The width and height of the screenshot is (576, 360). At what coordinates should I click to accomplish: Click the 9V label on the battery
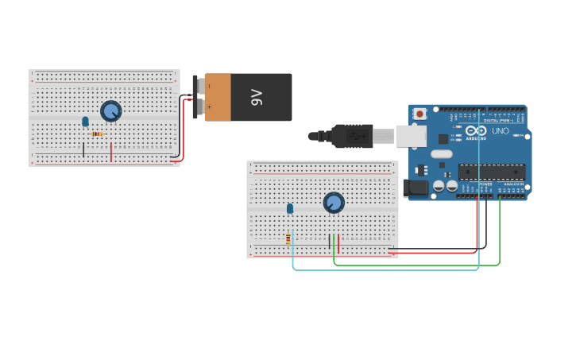pyautogui.click(x=257, y=98)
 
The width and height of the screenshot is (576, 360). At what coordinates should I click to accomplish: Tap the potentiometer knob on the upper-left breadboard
pyautogui.click(x=111, y=111)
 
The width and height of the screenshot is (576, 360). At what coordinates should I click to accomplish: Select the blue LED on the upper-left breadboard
pyautogui.click(x=85, y=122)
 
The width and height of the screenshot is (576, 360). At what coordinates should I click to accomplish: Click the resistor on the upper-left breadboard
pyautogui.click(x=97, y=134)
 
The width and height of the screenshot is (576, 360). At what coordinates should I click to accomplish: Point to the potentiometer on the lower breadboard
pyautogui.click(x=334, y=203)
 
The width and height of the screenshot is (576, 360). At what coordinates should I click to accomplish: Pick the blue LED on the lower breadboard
pyautogui.click(x=290, y=208)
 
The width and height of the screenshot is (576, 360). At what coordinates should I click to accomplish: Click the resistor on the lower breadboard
pyautogui.click(x=288, y=238)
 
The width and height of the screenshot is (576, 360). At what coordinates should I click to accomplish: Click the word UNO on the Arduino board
pyautogui.click(x=501, y=131)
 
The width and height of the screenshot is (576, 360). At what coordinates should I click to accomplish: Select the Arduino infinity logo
pyautogui.click(x=476, y=131)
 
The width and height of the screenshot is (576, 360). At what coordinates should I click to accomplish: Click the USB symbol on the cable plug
pyautogui.click(x=355, y=136)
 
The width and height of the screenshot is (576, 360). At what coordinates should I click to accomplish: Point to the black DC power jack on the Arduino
pyautogui.click(x=415, y=188)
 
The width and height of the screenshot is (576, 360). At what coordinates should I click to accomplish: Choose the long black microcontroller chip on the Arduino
pyautogui.click(x=491, y=171)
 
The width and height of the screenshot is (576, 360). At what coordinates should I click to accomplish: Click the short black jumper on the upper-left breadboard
pyautogui.click(x=83, y=149)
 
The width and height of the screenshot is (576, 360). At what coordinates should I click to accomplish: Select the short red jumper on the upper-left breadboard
pyautogui.click(x=111, y=151)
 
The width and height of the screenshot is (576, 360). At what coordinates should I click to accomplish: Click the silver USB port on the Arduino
pyautogui.click(x=410, y=136)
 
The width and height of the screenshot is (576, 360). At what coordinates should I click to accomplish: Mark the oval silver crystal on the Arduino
pyautogui.click(x=420, y=165)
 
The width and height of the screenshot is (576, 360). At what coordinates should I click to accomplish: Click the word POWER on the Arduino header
pyautogui.click(x=485, y=184)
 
